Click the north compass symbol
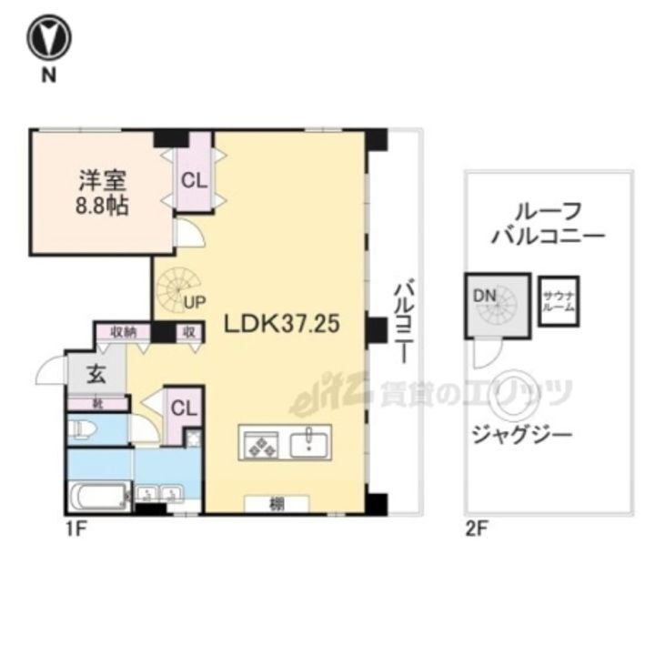click(48, 39)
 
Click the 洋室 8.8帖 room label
click(101, 191)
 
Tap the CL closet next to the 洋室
click(192, 179)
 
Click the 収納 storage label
click(125, 333)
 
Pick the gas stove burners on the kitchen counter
click(263, 444)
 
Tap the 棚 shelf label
click(276, 503)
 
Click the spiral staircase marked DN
click(496, 304)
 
